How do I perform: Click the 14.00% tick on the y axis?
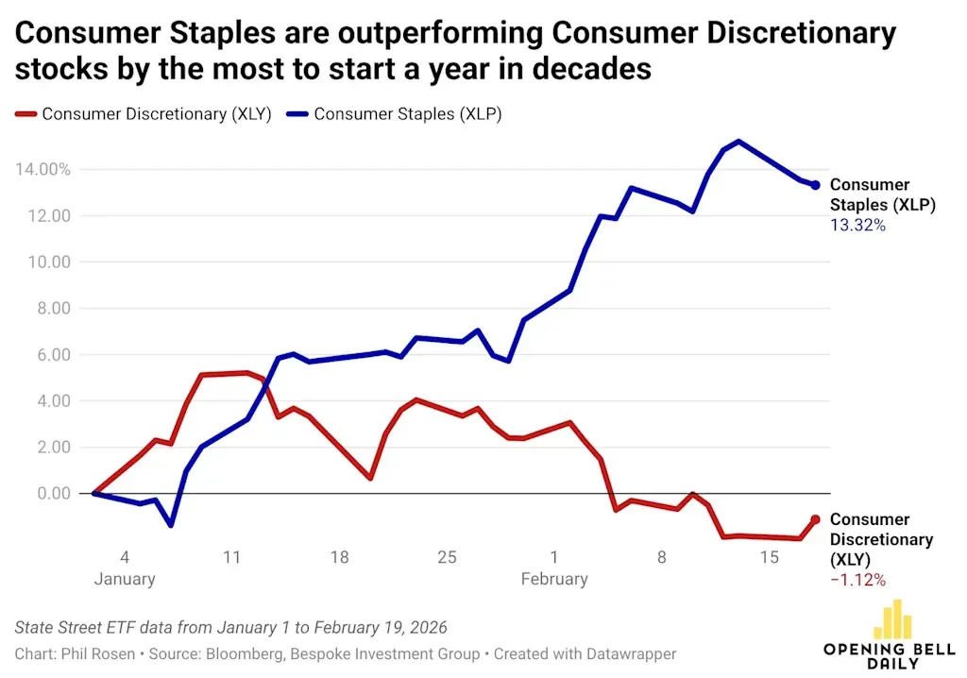tap(42, 170)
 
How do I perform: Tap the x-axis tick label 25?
tap(448, 557)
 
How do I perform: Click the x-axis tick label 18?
tap(340, 557)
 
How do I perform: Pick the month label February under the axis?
tap(554, 579)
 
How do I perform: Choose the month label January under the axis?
tap(125, 579)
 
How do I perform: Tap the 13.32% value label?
tap(857, 227)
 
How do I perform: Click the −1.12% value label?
tap(857, 579)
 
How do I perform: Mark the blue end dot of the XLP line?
tap(815, 185)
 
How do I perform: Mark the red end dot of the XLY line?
tap(815, 518)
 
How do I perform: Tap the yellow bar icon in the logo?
tap(892, 620)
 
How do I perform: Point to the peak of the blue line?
tap(738, 142)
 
